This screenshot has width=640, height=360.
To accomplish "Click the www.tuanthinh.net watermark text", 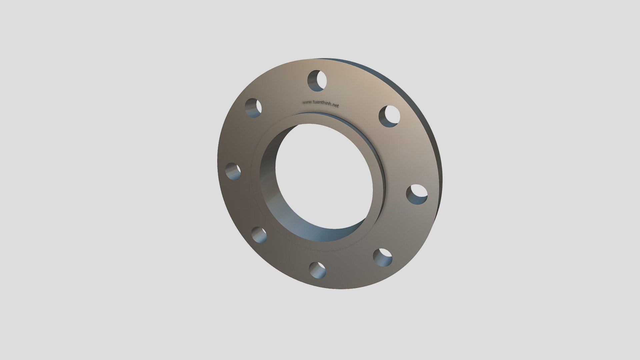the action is point(320,104).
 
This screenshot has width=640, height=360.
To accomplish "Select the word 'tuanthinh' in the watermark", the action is point(322,104).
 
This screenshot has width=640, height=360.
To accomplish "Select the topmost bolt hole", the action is point(317,80).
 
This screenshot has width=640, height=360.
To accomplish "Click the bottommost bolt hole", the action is point(317,270).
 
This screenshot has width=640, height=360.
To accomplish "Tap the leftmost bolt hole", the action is point(233,171).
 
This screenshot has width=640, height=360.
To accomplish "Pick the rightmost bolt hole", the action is point(417,194).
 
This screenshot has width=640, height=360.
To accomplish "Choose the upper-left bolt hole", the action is point(253,108).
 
